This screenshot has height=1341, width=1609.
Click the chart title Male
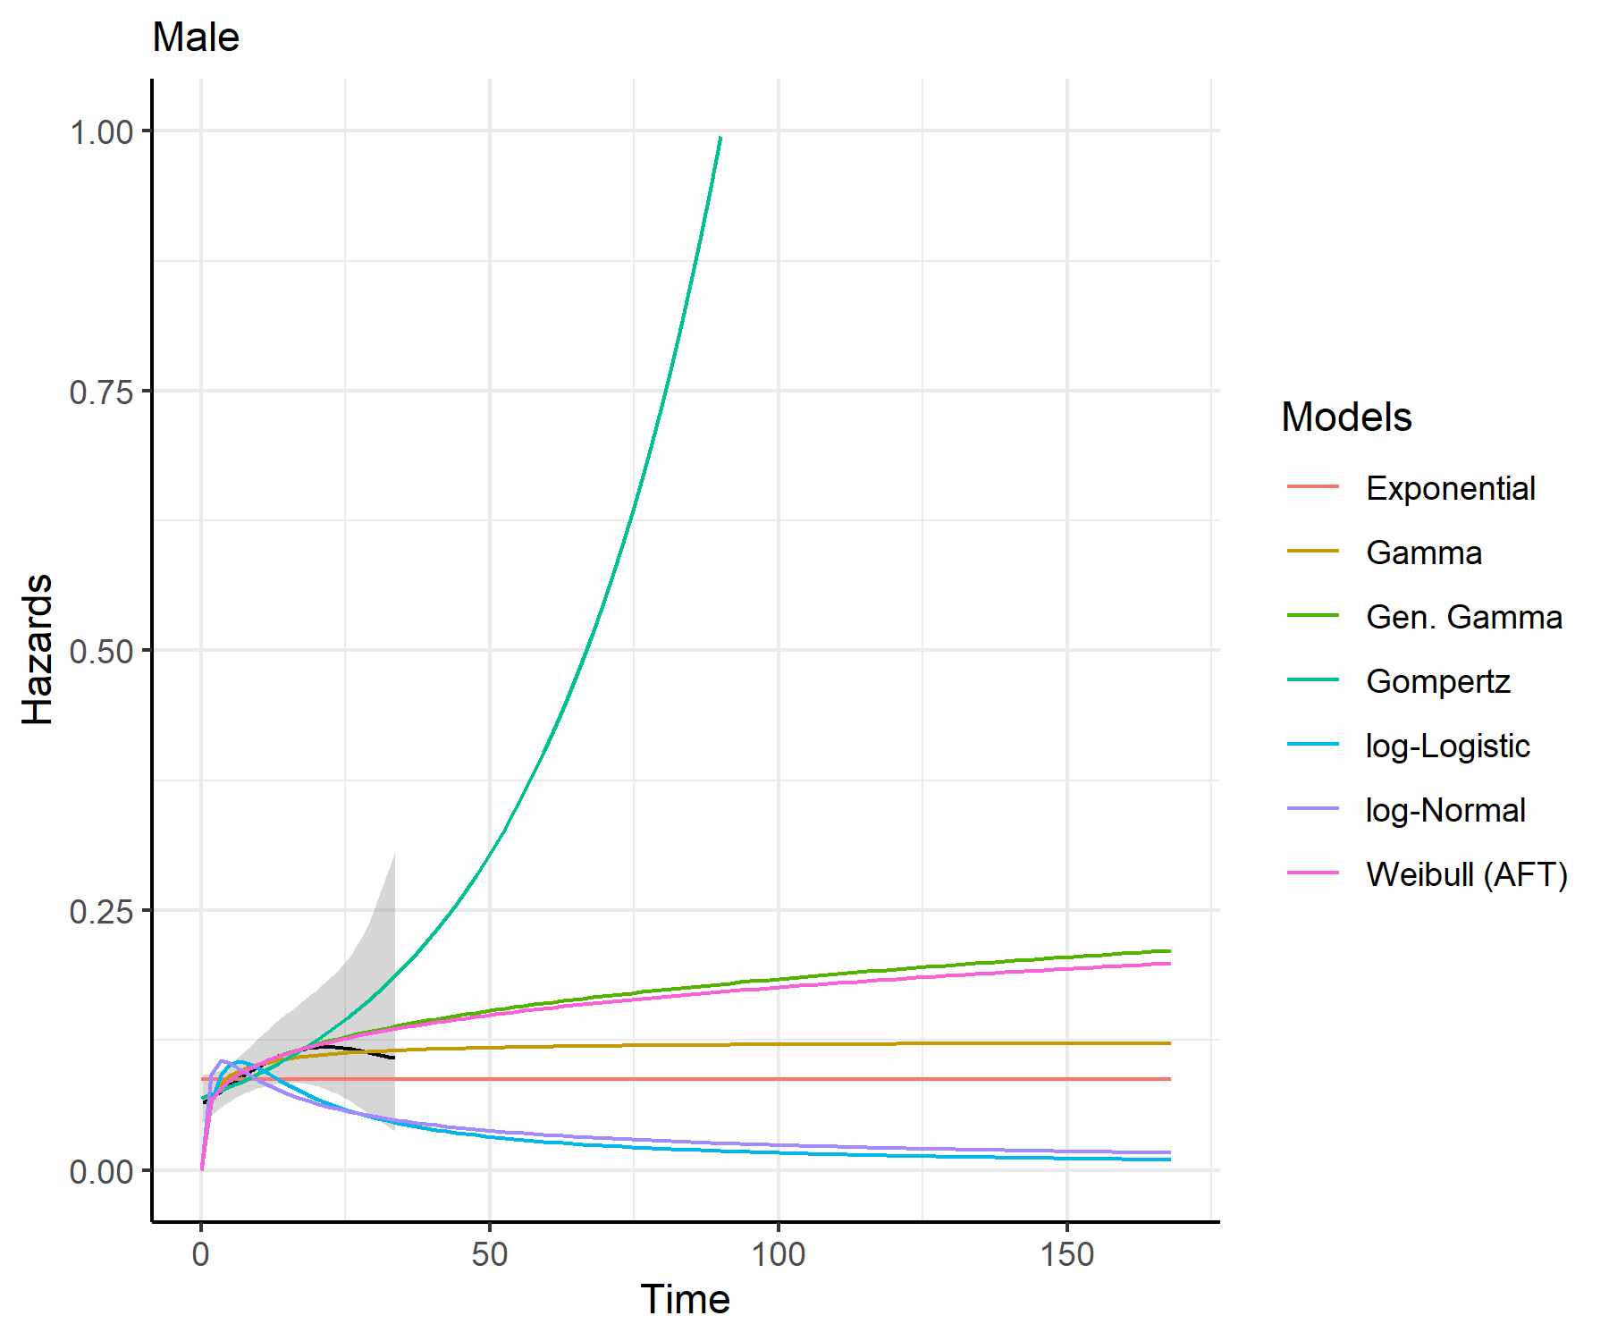coord(196,38)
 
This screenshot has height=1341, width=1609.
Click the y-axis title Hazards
coord(38,649)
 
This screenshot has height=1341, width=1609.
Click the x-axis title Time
coord(685,1299)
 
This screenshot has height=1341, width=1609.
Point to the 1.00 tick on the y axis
coord(101,132)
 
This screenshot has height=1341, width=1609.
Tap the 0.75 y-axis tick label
coord(101,392)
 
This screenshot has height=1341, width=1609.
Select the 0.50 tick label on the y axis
coord(101,651)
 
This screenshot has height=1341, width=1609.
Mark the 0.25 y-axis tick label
coord(101,911)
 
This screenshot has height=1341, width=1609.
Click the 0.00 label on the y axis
coord(101,1171)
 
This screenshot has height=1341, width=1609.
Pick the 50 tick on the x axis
coord(490,1254)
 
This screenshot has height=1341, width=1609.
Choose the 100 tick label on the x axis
coord(778,1254)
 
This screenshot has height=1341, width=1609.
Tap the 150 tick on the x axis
coord(1066,1254)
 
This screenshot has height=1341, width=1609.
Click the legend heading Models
coord(1346,417)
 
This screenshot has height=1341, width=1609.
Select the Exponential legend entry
coord(1450,488)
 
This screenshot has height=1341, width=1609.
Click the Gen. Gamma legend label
coord(1463,617)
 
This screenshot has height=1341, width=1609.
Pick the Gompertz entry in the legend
coord(1437,681)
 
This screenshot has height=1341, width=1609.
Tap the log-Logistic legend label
coord(1447,746)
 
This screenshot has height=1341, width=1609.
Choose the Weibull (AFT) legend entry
coord(1466,874)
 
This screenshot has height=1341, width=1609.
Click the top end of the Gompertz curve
coord(720,138)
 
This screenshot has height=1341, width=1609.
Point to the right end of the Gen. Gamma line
coord(1170,951)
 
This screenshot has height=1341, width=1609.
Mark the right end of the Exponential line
coord(1170,1079)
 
